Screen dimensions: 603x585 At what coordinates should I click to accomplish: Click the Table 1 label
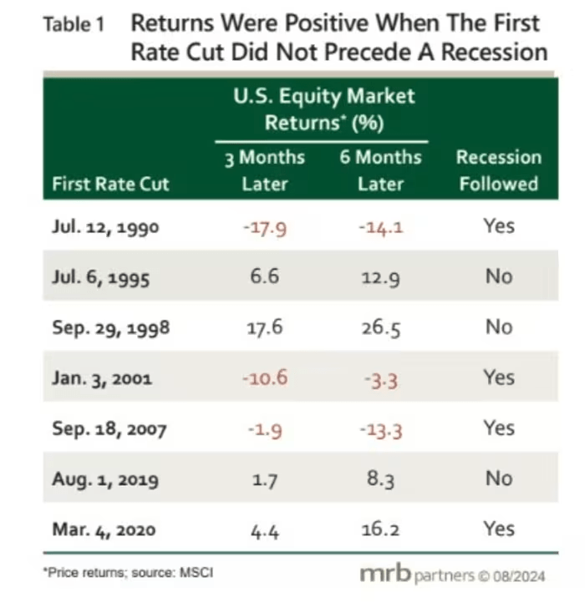(x=74, y=25)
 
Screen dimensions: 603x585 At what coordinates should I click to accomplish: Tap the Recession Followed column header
(x=498, y=170)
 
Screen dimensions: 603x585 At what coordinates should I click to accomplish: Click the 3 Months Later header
(x=265, y=170)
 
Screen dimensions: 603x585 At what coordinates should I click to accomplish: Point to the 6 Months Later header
(x=380, y=170)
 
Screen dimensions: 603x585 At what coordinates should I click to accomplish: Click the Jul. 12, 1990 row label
(x=102, y=226)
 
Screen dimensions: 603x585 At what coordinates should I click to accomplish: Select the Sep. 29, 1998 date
(x=110, y=327)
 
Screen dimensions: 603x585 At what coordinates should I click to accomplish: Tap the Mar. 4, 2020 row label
(x=105, y=530)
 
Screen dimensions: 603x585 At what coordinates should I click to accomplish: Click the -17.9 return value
(x=265, y=226)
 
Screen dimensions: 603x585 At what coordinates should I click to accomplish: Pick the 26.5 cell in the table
(x=380, y=327)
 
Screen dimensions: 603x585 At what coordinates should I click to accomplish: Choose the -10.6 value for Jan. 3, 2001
(x=265, y=378)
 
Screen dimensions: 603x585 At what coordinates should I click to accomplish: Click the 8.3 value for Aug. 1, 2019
(x=380, y=479)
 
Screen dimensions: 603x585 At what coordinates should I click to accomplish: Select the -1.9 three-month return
(x=265, y=429)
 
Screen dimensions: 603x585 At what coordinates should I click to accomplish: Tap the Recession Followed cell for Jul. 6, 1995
(x=498, y=276)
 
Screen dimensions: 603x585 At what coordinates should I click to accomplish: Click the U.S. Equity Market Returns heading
(x=322, y=109)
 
